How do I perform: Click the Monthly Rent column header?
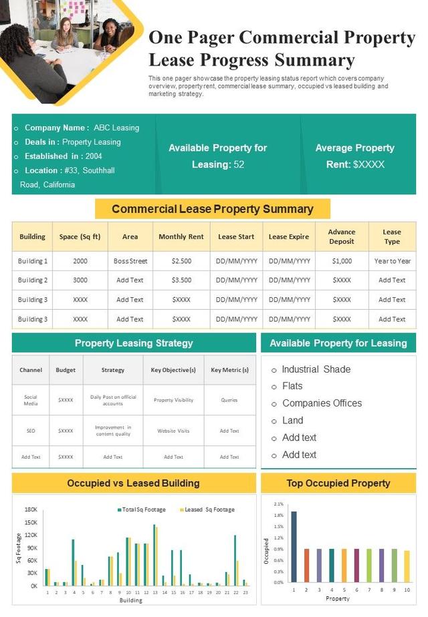(x=181, y=236)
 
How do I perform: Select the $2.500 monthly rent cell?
(x=181, y=261)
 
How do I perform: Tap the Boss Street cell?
(x=130, y=261)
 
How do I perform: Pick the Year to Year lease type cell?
(x=392, y=261)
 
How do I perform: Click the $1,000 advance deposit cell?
(x=342, y=261)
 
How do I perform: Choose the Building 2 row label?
(x=32, y=280)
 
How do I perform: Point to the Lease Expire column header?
(x=289, y=236)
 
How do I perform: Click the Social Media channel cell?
(x=31, y=400)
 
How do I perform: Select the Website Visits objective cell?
(x=173, y=431)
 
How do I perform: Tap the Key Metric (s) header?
(x=229, y=370)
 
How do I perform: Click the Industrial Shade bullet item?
(x=316, y=369)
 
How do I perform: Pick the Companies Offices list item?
(x=322, y=403)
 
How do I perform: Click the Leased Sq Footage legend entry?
(x=209, y=509)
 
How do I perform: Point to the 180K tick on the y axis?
(x=31, y=509)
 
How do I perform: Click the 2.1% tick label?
(x=279, y=505)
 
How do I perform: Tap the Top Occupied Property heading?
(x=338, y=483)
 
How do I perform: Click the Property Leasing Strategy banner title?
(x=134, y=343)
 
